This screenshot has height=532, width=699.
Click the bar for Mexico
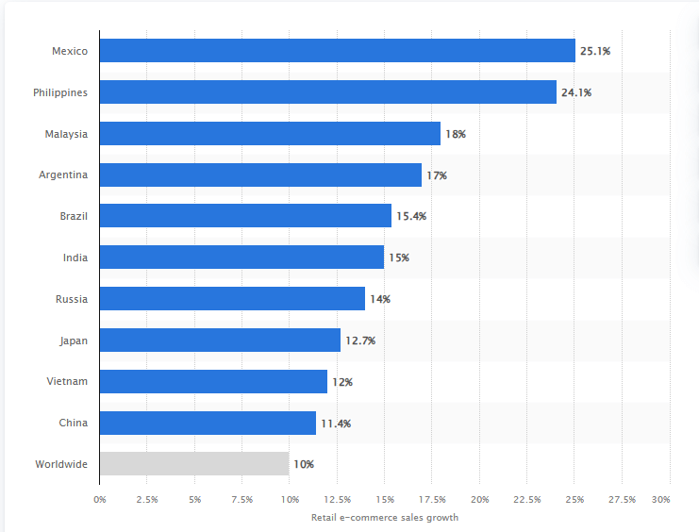[337, 51]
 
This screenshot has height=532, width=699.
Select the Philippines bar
[327, 92]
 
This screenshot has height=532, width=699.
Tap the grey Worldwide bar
[193, 464]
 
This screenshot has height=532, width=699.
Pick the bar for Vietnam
[213, 381]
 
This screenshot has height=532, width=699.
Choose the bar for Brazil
[245, 216]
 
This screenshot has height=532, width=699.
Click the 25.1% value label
[596, 51]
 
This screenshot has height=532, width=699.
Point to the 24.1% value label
[577, 92]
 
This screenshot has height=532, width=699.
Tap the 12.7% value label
[360, 341]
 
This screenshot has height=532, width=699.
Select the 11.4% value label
[336, 424]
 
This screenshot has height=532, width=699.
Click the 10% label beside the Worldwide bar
[304, 464]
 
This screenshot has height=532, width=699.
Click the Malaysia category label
[66, 134]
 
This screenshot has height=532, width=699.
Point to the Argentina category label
[63, 175]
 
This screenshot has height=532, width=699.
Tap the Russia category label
[72, 299]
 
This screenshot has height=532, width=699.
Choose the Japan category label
[73, 341]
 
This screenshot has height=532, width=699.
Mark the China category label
[74, 423]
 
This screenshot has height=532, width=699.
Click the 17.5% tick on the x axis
[432, 499]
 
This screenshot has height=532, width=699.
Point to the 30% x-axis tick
[661, 499]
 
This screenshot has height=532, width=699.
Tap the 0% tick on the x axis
[100, 499]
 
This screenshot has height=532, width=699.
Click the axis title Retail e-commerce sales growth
[384, 517]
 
